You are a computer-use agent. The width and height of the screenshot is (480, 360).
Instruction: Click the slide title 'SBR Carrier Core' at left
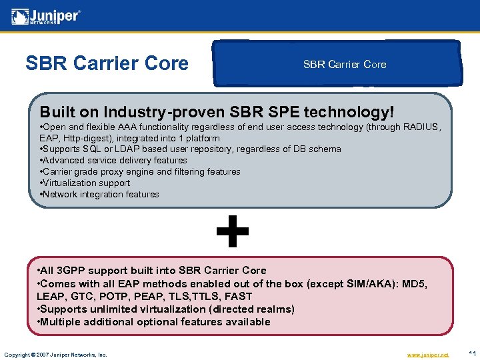coord(107,63)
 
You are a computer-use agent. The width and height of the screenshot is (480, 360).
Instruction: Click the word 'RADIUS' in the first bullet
coord(421,127)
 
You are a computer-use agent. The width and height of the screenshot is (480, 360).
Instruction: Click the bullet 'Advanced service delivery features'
coord(114,161)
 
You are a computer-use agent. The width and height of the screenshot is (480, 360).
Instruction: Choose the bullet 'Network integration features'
coord(100,194)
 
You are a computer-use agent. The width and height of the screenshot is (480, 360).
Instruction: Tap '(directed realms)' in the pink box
coord(252,309)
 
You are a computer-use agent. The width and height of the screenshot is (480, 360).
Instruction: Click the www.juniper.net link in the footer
coord(427,354)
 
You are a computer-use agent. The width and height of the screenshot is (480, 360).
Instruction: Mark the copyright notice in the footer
coord(55,354)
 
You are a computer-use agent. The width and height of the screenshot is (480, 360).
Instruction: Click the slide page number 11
coord(471,353)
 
